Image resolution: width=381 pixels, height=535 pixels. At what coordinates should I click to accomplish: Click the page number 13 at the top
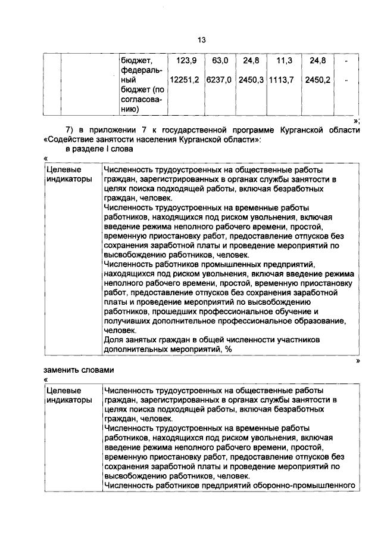[201, 39]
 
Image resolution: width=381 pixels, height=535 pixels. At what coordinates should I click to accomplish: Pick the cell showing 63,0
[220, 61]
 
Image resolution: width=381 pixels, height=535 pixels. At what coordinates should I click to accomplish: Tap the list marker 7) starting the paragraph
[69, 130]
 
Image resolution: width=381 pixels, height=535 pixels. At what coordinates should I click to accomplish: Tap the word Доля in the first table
[113, 339]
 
